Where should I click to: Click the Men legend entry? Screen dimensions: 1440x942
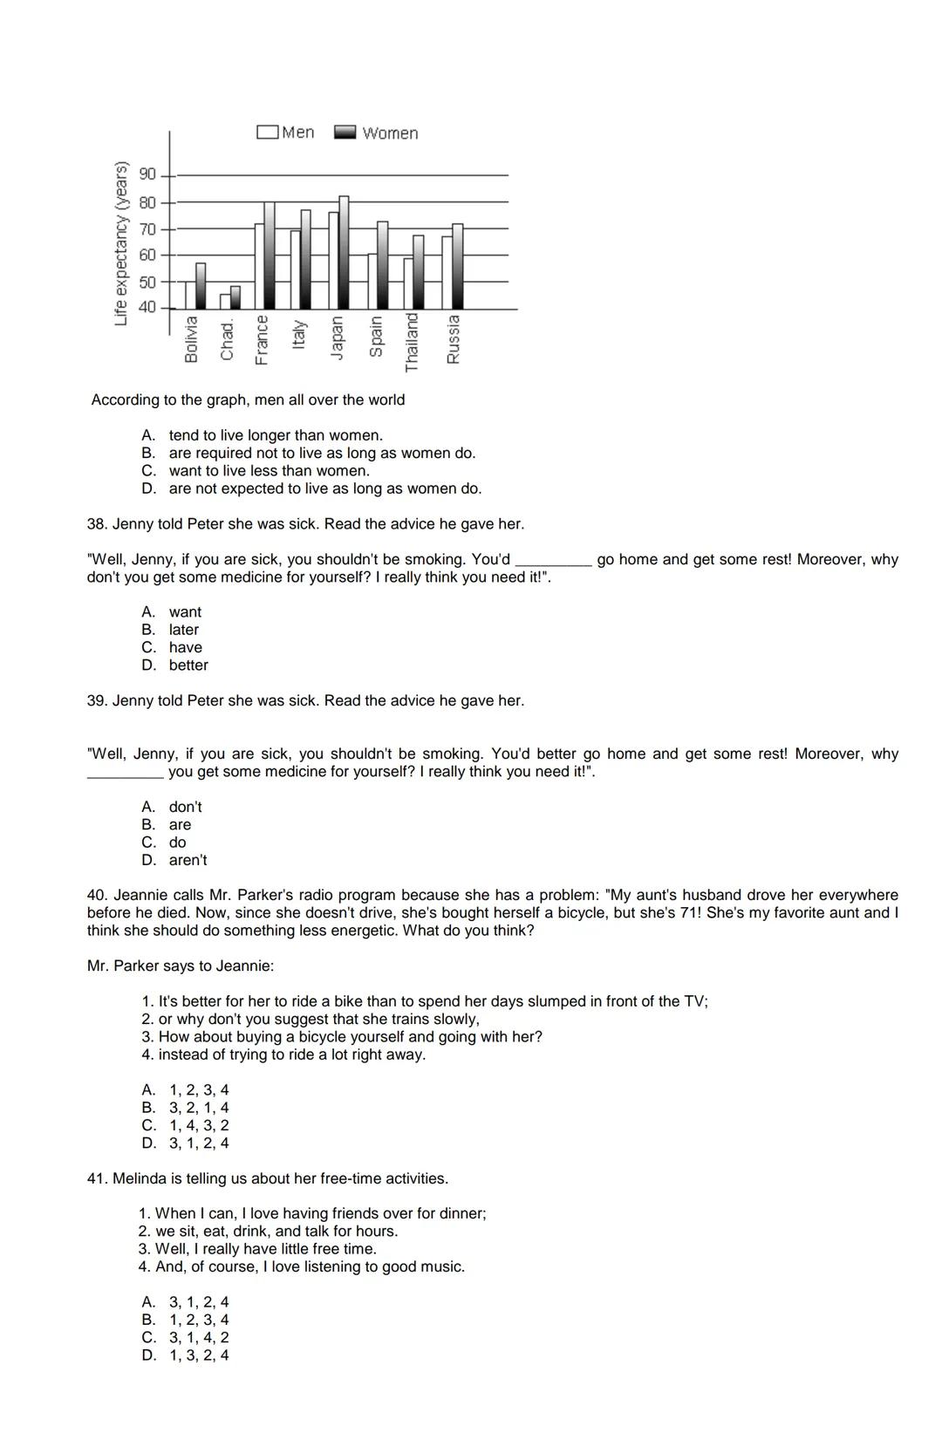286,132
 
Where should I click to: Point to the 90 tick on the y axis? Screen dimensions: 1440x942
147,174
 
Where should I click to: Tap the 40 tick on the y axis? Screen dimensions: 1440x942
147,307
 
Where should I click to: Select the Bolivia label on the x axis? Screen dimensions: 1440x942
192,338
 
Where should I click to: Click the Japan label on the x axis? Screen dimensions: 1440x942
338,336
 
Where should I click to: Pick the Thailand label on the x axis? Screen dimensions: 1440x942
413,342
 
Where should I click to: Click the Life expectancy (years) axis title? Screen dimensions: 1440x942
122,243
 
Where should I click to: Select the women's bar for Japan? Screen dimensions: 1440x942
344,252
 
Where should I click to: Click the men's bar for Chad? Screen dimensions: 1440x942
225,301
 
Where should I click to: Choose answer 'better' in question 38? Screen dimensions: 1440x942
188,665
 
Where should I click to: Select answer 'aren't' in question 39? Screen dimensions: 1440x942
188,860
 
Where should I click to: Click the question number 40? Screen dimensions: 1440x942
97,895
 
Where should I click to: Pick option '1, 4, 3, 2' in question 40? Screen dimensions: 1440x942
199,1125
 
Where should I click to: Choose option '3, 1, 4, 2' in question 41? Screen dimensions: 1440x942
199,1337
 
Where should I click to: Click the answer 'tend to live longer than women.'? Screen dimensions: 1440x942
276,435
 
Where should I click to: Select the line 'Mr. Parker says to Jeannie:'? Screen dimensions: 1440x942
181,966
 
